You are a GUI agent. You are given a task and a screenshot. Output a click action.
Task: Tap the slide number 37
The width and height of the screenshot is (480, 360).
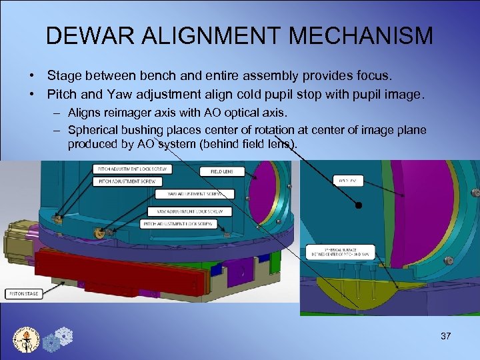[x=446, y=336]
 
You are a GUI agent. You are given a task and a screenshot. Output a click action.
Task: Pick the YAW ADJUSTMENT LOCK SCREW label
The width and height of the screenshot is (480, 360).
[x=185, y=211]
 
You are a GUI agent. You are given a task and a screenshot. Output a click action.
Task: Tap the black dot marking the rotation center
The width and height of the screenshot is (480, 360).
[x=359, y=206]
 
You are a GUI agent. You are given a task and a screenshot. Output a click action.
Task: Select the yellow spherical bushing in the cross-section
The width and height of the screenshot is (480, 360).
[x=360, y=289]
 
